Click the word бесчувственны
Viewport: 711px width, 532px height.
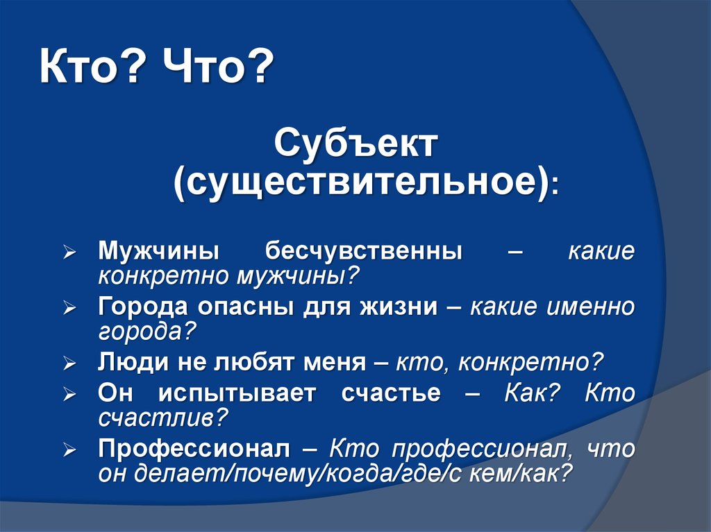(364, 251)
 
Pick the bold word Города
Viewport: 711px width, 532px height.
(143, 307)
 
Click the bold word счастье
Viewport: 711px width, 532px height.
(391, 393)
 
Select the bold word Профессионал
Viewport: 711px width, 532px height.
(194, 449)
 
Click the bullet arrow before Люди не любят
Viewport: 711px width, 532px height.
(69, 363)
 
